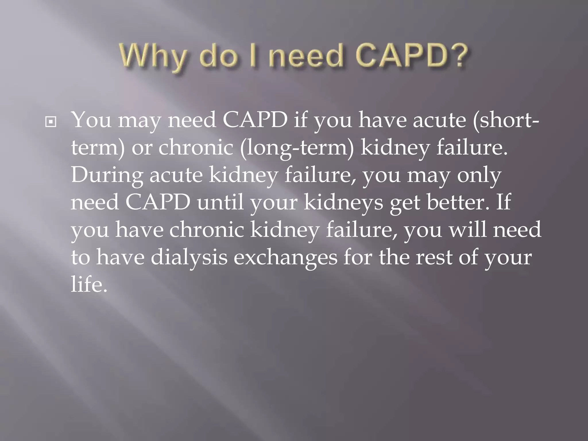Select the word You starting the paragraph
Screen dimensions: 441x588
click(91, 120)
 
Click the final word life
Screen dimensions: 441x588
click(89, 285)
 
